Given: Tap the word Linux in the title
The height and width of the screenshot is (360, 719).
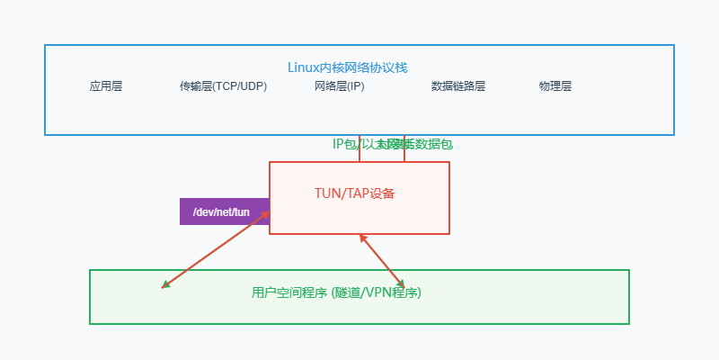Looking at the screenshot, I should [304, 67].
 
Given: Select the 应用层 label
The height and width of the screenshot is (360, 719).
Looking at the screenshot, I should [106, 86].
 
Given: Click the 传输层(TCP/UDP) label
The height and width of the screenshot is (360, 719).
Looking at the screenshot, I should [223, 86].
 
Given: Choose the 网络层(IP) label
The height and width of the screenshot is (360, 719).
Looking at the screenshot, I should [340, 86].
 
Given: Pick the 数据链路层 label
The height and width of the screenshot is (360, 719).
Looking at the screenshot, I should [458, 86].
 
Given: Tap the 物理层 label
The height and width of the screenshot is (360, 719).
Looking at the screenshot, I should [555, 86].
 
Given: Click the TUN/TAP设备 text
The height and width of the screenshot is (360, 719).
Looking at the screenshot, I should [355, 193].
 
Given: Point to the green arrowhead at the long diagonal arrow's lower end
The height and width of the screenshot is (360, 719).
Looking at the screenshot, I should [164, 286].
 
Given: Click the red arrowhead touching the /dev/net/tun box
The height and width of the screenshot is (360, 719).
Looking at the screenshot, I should [267, 214].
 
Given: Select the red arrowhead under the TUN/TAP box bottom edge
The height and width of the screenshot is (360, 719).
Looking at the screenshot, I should [362, 238].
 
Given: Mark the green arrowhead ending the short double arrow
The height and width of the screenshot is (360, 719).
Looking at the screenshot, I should [402, 283].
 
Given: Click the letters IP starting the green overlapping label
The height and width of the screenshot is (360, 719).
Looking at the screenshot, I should [339, 144].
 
